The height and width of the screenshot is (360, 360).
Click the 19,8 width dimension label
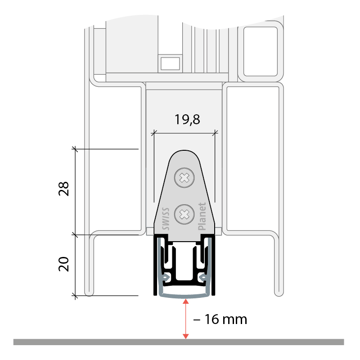tap(187, 120)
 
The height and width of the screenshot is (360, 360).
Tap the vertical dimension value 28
tap(63, 189)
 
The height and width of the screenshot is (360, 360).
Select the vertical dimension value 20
tap(63, 264)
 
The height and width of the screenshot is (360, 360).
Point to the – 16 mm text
tap(220, 319)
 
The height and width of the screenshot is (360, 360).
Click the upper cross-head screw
tap(184, 178)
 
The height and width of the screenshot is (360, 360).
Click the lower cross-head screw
tap(184, 215)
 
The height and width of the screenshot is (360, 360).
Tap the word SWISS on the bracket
tap(166, 219)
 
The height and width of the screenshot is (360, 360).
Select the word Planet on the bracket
tap(202, 216)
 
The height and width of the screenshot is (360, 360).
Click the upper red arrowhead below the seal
tap(185, 301)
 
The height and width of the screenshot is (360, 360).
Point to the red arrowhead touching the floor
tap(185, 336)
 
